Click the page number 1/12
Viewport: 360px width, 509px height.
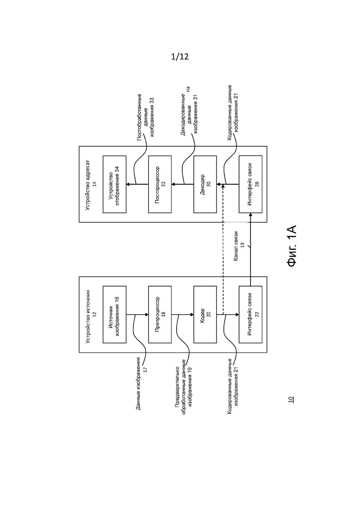tap(180, 57)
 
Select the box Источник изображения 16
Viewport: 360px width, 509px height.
tap(114, 314)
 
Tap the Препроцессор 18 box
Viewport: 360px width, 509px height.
tap(160, 314)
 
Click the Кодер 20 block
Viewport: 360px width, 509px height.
tap(205, 314)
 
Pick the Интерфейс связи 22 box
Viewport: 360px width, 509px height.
tap(250, 314)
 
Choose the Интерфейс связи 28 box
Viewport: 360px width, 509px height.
tap(250, 184)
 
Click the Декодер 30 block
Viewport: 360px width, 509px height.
tap(205, 184)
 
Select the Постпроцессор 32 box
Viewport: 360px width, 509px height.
tap(160, 184)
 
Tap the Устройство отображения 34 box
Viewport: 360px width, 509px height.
tap(114, 184)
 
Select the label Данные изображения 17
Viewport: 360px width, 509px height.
tap(142, 383)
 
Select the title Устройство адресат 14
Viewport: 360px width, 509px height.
tap(91, 185)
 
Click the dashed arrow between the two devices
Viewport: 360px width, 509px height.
tap(223, 249)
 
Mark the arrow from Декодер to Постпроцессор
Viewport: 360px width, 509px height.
tap(182, 185)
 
